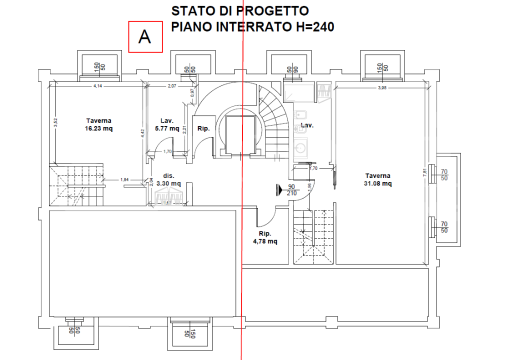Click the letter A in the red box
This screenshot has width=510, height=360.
pyautogui.click(x=145, y=37)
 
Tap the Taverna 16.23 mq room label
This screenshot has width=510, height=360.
pyautogui.click(x=98, y=124)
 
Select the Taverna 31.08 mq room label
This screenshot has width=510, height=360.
pyautogui.click(x=377, y=179)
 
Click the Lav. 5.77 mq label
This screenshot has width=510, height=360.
pyautogui.click(x=167, y=124)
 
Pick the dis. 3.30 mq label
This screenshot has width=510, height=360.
pyautogui.click(x=168, y=179)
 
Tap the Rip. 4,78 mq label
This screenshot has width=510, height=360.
pyautogui.click(x=265, y=237)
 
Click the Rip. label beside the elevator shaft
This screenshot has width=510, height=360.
pyautogui.click(x=203, y=128)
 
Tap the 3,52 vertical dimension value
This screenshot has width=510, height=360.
pyautogui.click(x=56, y=122)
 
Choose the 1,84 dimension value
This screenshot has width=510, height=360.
pyautogui.click(x=124, y=180)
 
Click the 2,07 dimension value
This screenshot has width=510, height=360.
pyautogui.click(x=171, y=86)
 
